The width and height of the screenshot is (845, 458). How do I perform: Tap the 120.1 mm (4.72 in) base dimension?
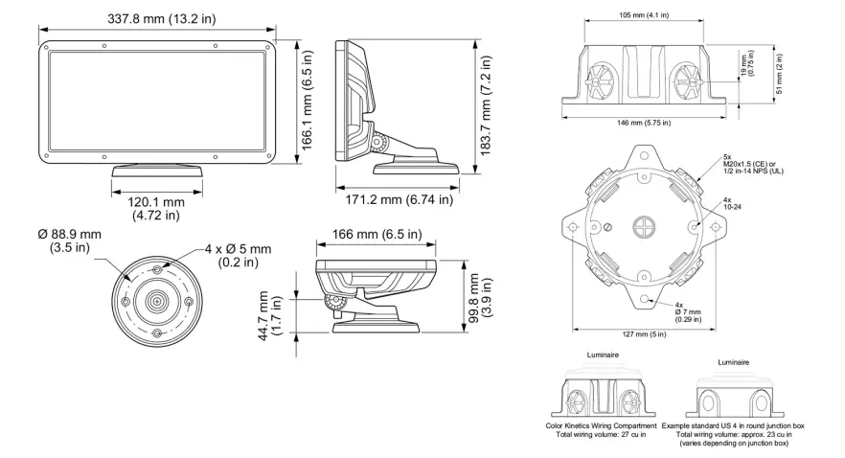pyautogui.click(x=157, y=209)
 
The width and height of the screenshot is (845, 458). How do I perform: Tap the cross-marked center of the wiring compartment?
pyautogui.click(x=642, y=227)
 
